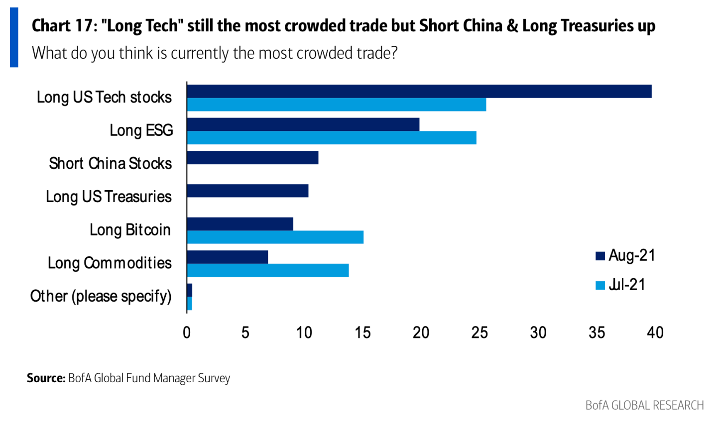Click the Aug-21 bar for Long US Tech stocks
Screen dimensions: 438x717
(419, 92)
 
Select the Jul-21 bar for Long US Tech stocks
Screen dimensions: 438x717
(337, 105)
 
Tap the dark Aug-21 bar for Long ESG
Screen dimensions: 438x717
(303, 124)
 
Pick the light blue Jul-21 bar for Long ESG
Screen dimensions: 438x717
(332, 138)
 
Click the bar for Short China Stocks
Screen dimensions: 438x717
(252, 158)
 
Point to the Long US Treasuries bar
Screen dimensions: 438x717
(247, 191)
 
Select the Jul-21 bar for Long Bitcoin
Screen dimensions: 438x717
(275, 237)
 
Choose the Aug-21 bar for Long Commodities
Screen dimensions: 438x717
(228, 257)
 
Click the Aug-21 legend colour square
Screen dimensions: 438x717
(600, 256)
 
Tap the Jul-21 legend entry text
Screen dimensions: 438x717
(627, 285)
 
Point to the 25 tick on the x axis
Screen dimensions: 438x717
(479, 332)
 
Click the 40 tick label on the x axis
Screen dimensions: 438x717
(655, 332)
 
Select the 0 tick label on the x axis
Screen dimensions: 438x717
(187, 332)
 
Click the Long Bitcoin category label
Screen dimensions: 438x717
(130, 230)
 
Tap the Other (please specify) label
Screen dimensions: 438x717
(101, 296)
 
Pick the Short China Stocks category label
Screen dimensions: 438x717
(110, 163)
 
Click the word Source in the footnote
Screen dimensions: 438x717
(46, 378)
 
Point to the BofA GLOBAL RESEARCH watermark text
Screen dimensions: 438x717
(644, 405)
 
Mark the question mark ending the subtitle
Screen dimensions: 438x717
(394, 53)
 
